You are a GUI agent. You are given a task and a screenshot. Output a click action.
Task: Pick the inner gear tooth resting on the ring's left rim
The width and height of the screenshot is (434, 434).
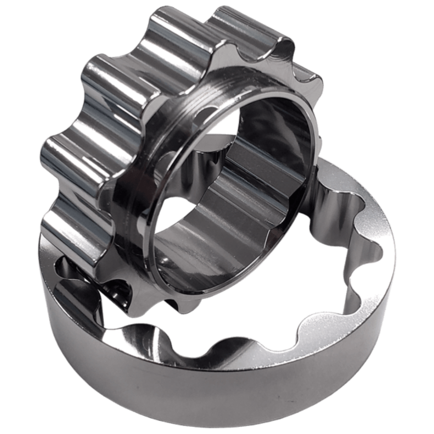[69, 238]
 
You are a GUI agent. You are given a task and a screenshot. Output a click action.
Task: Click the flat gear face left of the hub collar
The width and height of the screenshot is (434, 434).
[123, 183]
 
